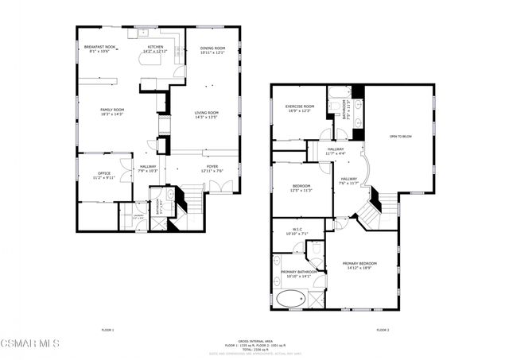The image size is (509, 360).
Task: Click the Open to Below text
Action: point(400,137)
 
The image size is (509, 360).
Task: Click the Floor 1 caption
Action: point(108,329)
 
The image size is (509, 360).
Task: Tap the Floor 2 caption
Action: point(382,329)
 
